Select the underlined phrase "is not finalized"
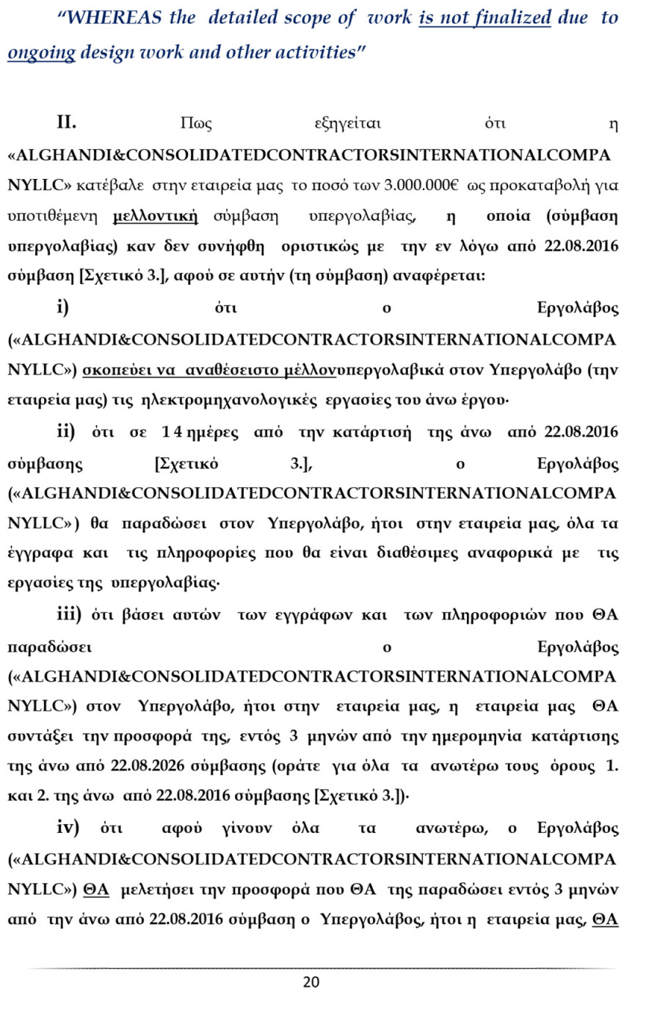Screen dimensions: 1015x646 pyautogui.click(x=484, y=18)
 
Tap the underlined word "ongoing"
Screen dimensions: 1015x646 pyautogui.click(x=41, y=52)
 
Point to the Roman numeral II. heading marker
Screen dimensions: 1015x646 pyautogui.click(x=67, y=123)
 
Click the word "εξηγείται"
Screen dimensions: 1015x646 pyautogui.click(x=347, y=123)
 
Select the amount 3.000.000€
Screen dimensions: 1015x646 pyautogui.click(x=421, y=186)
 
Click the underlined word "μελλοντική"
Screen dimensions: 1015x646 pyautogui.click(x=156, y=216)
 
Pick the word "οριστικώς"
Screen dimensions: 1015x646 pyautogui.click(x=324, y=246)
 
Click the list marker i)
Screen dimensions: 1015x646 pyautogui.click(x=63, y=307)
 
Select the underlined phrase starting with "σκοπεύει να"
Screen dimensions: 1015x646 pyautogui.click(x=209, y=371)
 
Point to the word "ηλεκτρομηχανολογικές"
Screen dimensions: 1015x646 pyautogui.click(x=229, y=401)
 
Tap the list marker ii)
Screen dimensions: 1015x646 pyautogui.click(x=65, y=432)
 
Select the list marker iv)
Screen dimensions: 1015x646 pyautogui.click(x=68, y=828)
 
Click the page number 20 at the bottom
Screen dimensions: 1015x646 pyautogui.click(x=311, y=982)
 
